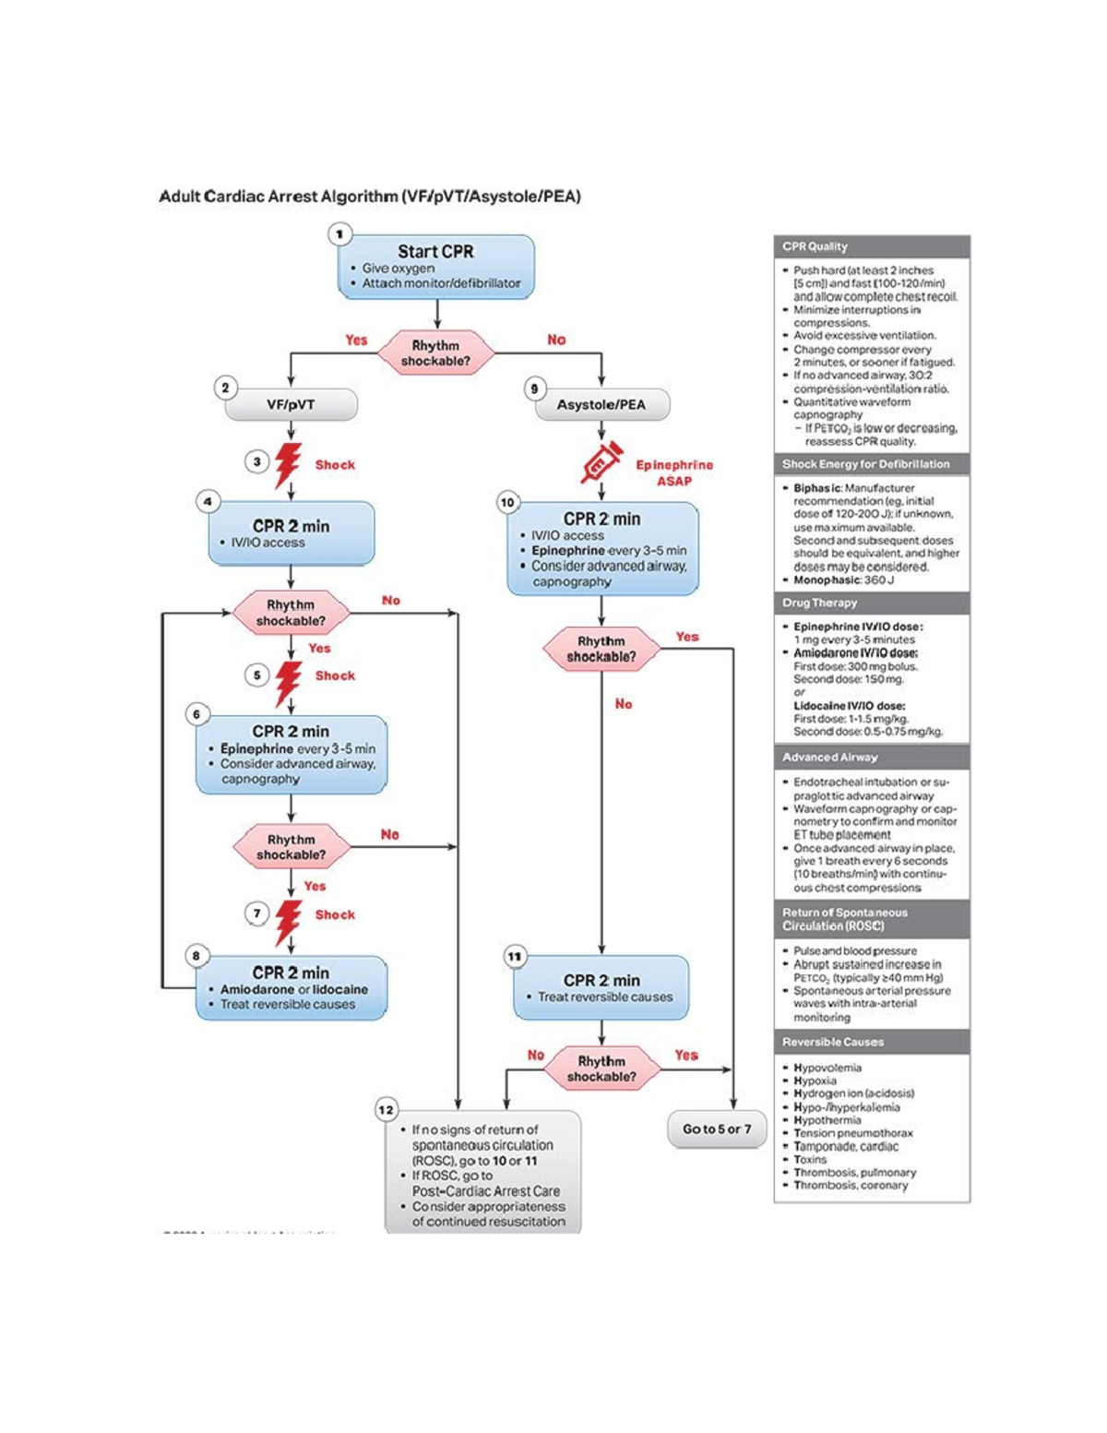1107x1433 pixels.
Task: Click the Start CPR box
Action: pyautogui.click(x=435, y=267)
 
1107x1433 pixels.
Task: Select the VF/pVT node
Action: pyautogui.click(x=291, y=404)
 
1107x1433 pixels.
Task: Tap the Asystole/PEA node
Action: pyautogui.click(x=601, y=404)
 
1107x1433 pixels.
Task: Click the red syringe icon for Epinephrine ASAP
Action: pyautogui.click(x=601, y=462)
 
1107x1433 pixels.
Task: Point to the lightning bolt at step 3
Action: pyautogui.click(x=288, y=465)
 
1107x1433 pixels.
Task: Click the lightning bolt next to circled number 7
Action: pyautogui.click(x=288, y=922)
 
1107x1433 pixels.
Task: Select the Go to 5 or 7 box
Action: pyautogui.click(x=717, y=1128)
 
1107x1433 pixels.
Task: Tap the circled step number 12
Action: pyautogui.click(x=386, y=1109)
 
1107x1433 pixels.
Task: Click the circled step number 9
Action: pyautogui.click(x=534, y=388)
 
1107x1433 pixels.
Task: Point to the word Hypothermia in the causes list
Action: pyautogui.click(x=827, y=1120)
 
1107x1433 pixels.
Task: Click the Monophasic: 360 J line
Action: pyautogui.click(x=843, y=580)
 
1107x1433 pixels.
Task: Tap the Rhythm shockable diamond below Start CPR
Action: pyautogui.click(x=435, y=352)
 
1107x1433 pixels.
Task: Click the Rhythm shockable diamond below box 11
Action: pyautogui.click(x=601, y=1069)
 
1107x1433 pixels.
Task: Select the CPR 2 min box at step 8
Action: pyautogui.click(x=291, y=987)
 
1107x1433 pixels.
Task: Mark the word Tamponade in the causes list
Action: pyautogui.click(x=821, y=1146)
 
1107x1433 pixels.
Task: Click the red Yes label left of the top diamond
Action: pyautogui.click(x=356, y=340)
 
